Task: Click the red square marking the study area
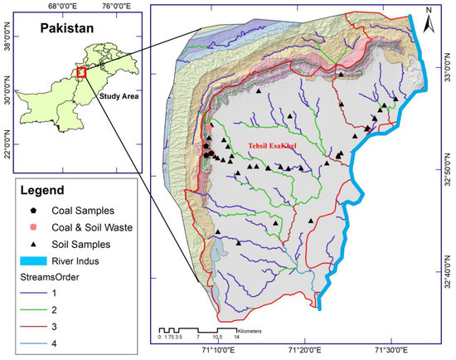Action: click(80, 73)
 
